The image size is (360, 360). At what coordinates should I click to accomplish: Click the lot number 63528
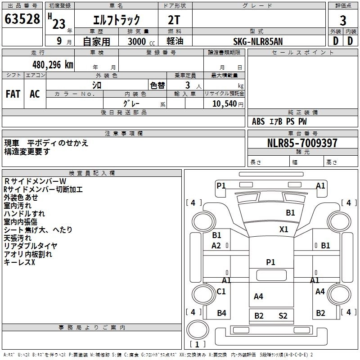coord(22,19)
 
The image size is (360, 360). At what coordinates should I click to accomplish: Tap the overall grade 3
coord(343,21)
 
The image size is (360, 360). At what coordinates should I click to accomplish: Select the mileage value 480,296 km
coord(53,65)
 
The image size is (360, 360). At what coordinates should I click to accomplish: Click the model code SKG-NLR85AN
coord(258,41)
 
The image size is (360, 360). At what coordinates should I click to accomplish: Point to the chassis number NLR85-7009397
coord(302,143)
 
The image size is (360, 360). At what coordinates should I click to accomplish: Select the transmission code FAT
coord(13,94)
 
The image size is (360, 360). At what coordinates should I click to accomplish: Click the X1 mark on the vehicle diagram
coord(284,229)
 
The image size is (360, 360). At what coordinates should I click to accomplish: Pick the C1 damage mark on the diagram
coord(221,291)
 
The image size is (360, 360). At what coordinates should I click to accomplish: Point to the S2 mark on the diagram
coord(283,316)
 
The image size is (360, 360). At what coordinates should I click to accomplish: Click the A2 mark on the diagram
coord(216,246)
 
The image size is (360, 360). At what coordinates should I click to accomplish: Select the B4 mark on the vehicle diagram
coord(221,313)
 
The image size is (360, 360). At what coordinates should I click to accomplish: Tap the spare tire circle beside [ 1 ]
coord(198,329)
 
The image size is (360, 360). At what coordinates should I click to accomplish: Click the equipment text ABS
coord(258,121)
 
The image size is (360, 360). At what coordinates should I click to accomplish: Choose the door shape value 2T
coord(174,20)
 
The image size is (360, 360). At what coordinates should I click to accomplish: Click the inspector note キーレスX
coord(19,262)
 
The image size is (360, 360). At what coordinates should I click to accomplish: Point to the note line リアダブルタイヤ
coord(31,246)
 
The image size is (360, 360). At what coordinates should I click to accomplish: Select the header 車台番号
coord(303,133)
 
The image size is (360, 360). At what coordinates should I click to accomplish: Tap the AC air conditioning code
coord(35,94)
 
